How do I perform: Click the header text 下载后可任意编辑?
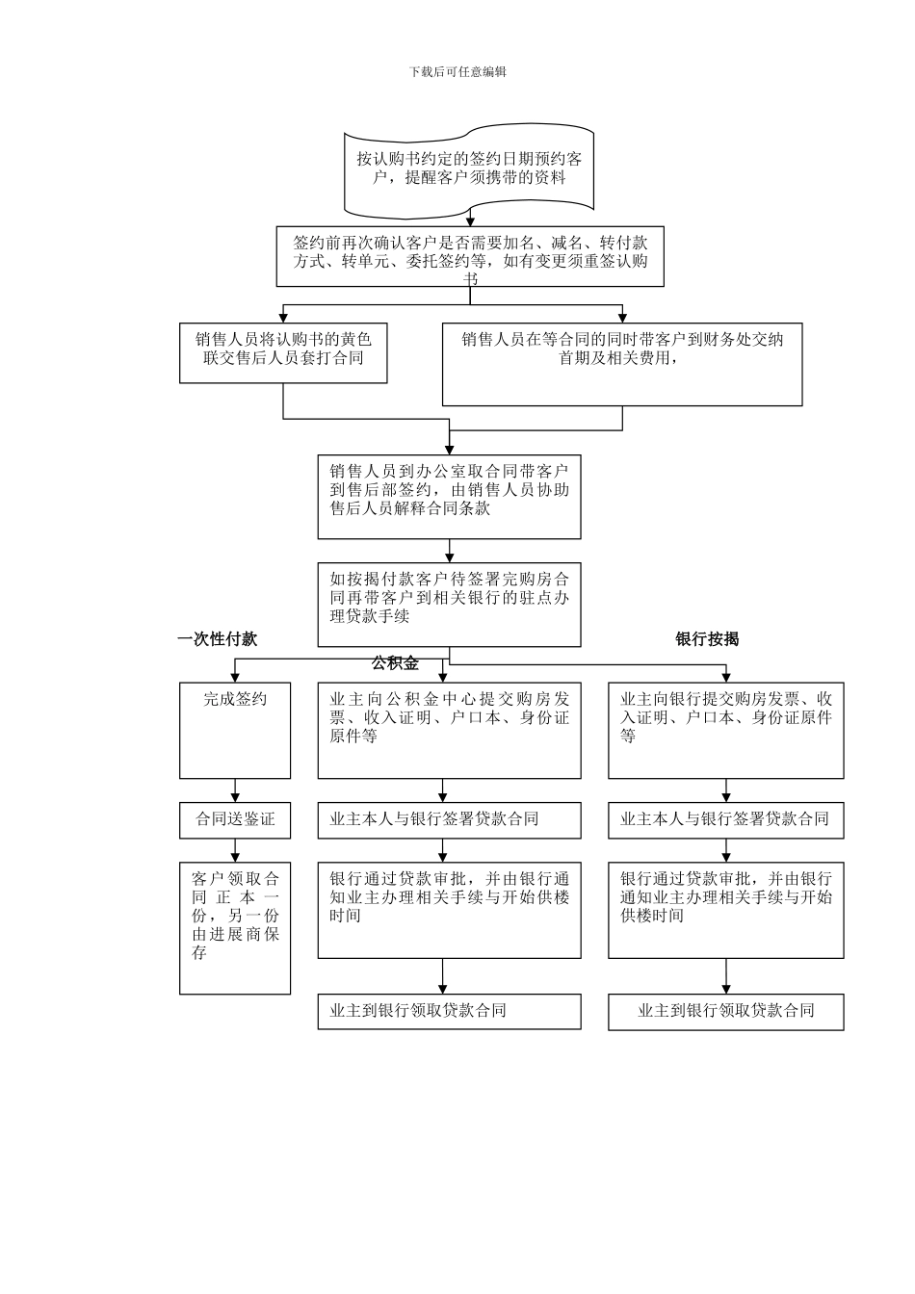(x=457, y=71)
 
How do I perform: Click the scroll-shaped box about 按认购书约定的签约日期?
(x=469, y=169)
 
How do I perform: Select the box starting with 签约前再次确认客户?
(x=470, y=257)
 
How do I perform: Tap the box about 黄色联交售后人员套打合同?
(x=283, y=352)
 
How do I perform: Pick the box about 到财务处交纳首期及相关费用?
(x=622, y=363)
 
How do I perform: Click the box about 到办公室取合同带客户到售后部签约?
(x=450, y=496)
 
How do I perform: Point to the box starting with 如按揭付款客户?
(x=450, y=604)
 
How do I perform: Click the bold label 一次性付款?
(x=218, y=639)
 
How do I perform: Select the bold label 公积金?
(x=395, y=663)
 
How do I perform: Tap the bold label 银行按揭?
(x=707, y=639)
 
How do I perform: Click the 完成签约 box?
(x=235, y=730)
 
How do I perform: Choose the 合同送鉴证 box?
(x=235, y=819)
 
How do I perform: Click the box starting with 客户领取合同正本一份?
(x=235, y=927)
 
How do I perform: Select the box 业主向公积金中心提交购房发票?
(x=450, y=730)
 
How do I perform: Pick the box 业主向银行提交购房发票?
(x=726, y=730)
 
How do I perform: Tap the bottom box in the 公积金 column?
(x=450, y=1011)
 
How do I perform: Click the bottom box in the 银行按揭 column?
(x=726, y=1011)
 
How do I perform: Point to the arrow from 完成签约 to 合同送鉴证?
(x=235, y=790)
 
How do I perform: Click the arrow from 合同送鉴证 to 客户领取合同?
(x=235, y=850)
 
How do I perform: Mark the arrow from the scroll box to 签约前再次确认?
(x=471, y=220)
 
